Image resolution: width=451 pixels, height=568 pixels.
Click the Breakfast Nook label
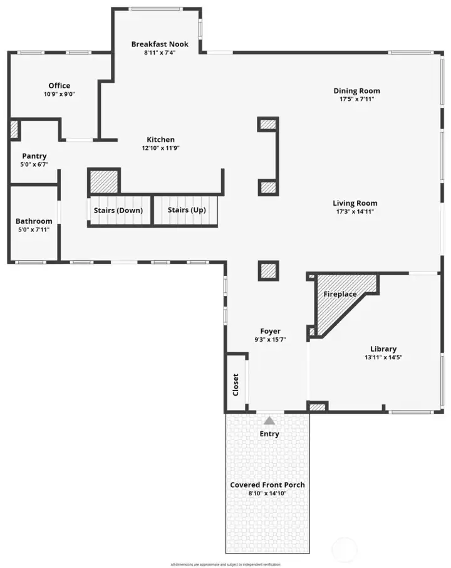click(x=160, y=44)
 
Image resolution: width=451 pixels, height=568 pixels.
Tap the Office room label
click(x=60, y=85)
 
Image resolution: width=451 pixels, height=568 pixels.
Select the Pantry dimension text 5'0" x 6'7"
click(x=34, y=165)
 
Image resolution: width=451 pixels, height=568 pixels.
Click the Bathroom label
click(x=34, y=221)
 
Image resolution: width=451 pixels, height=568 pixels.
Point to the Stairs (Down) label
click(x=118, y=211)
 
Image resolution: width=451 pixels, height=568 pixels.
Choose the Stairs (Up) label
click(x=187, y=211)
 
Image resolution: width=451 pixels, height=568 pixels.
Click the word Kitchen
click(x=160, y=140)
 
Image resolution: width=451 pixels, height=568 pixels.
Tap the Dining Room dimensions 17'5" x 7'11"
click(x=356, y=99)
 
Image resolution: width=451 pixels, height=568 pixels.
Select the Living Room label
click(x=355, y=202)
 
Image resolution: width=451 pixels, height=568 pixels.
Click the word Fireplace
click(x=340, y=294)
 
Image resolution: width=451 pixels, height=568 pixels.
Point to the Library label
click(x=383, y=349)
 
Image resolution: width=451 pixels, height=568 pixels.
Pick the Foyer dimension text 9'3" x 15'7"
click(x=271, y=340)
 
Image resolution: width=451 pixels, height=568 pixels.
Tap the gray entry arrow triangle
click(x=269, y=421)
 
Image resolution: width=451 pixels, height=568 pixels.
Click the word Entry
click(x=269, y=434)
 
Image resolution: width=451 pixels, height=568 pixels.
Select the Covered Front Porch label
click(x=267, y=485)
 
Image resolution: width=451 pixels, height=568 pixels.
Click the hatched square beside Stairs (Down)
click(x=103, y=181)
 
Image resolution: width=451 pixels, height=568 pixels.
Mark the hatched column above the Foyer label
click(x=268, y=270)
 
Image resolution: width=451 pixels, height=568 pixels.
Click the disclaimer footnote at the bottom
click(x=225, y=564)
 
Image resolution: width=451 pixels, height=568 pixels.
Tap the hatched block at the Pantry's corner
click(x=14, y=129)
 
